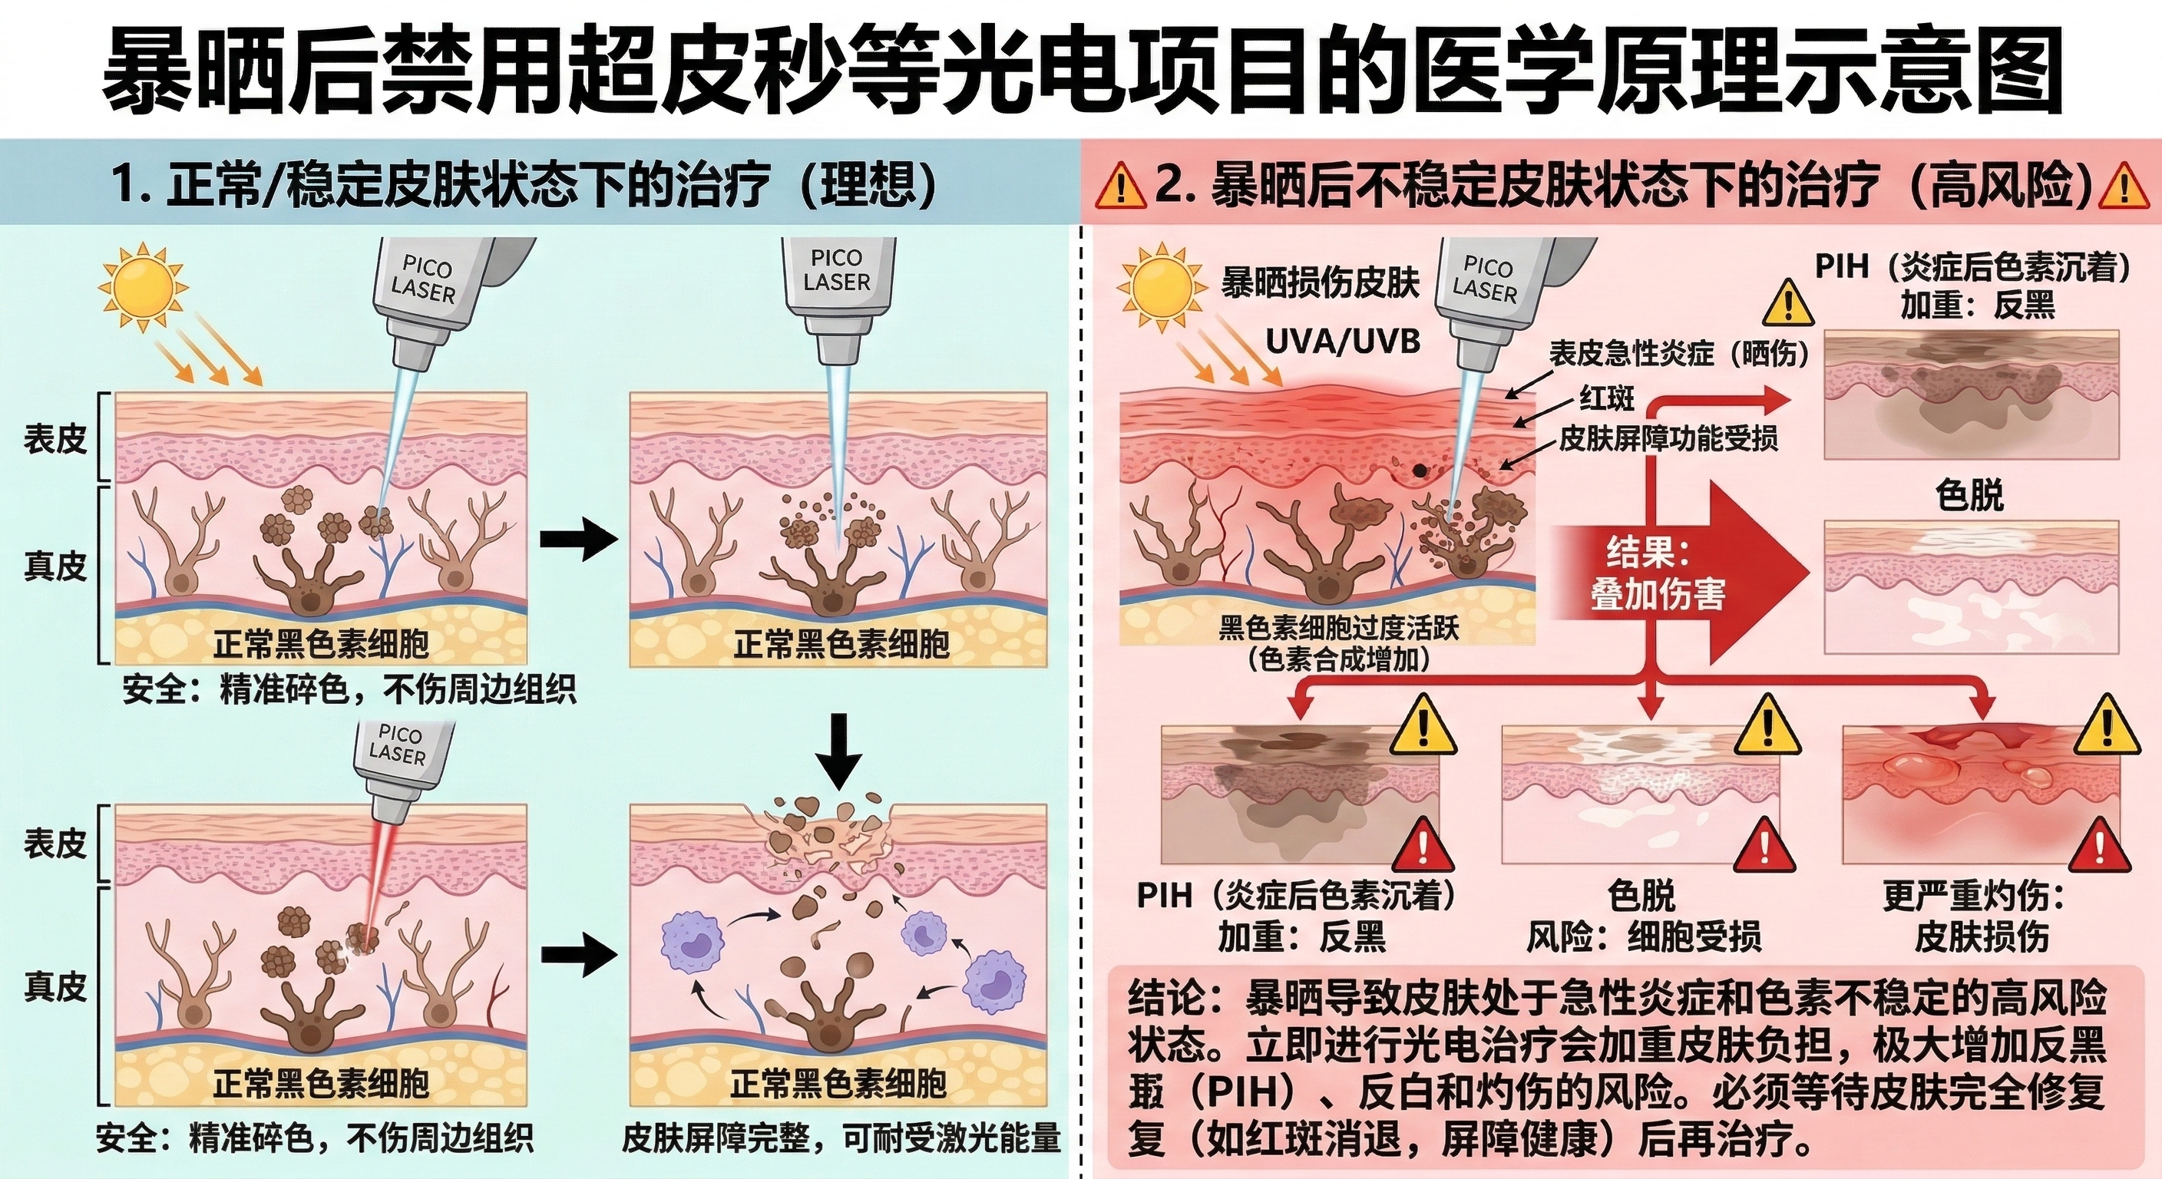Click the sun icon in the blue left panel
(140, 286)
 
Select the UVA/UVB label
(1342, 342)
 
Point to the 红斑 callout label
(1606, 398)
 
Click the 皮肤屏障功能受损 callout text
(1668, 439)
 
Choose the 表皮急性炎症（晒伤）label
(1678, 354)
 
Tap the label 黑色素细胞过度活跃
(1339, 629)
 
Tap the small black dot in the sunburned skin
(1420, 471)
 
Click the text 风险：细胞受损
(1642, 937)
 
